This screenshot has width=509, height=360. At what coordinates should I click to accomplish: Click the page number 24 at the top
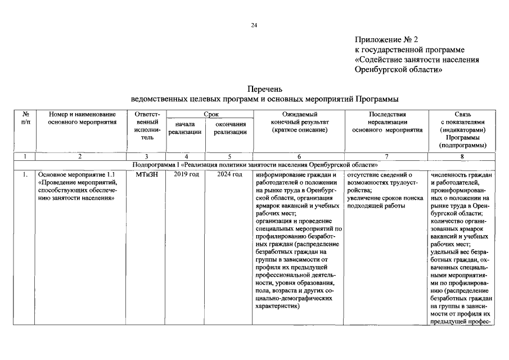254,25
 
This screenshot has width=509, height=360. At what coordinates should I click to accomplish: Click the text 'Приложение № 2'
387,40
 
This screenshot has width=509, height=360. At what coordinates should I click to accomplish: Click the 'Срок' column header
211,114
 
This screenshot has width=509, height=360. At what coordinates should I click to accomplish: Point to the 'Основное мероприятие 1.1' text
78,175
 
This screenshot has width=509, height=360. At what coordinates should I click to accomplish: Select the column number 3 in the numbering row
147,157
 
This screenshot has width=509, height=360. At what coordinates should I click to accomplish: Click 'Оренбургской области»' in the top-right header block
398,70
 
